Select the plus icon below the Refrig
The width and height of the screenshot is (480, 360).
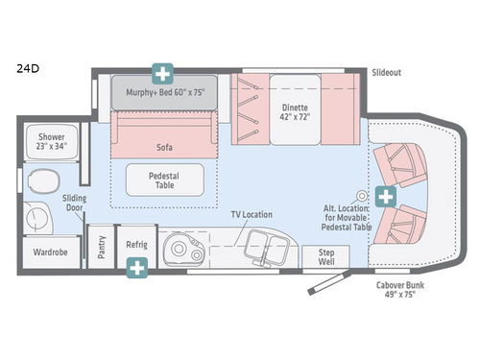139,270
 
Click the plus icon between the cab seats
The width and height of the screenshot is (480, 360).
386,196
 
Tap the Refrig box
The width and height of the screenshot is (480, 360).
136,246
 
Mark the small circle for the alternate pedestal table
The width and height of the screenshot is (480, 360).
362,193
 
